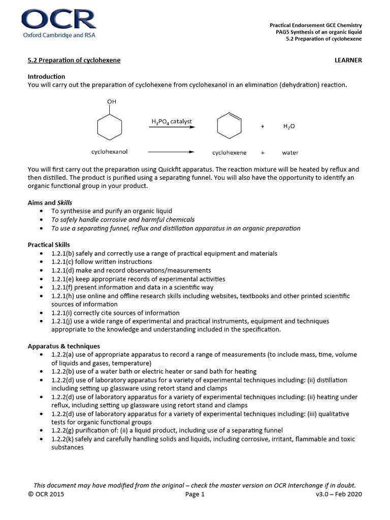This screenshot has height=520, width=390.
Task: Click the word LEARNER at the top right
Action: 348,60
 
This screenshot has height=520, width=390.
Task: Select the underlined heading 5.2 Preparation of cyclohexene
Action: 74,60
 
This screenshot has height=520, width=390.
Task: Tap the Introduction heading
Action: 46,76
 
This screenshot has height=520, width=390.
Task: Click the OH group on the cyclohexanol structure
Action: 112,102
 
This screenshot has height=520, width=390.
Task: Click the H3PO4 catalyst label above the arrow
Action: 171,121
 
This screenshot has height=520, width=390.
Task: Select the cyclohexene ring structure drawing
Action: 229,126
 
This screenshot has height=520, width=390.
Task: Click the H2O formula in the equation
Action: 289,126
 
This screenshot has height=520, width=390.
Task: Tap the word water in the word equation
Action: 290,152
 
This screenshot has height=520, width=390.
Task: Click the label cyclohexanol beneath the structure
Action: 109,152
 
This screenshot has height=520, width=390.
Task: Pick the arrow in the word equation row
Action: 171,152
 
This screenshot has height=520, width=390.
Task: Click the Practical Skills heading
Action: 49,245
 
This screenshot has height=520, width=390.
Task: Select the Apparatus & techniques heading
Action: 63,346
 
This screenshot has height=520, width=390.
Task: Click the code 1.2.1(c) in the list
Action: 63,262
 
